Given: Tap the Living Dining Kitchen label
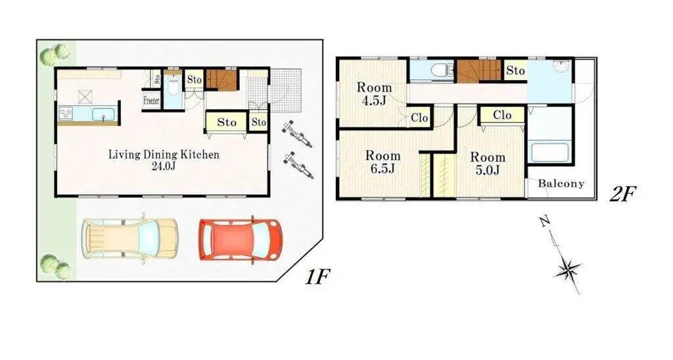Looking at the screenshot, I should click(164, 160).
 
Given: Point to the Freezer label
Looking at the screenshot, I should click(151, 101).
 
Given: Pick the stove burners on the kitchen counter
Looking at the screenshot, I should click(67, 114).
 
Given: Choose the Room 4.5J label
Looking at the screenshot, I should click(375, 94).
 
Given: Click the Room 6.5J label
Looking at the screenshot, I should click(383, 162).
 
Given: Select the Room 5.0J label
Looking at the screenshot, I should click(487, 164).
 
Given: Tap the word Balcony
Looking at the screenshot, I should click(561, 184).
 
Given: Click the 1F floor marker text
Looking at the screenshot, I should click(316, 277).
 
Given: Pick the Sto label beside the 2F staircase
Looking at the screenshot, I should click(516, 70).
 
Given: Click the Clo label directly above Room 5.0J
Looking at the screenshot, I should click(502, 116).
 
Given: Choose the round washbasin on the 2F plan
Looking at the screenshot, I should click(561, 68).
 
